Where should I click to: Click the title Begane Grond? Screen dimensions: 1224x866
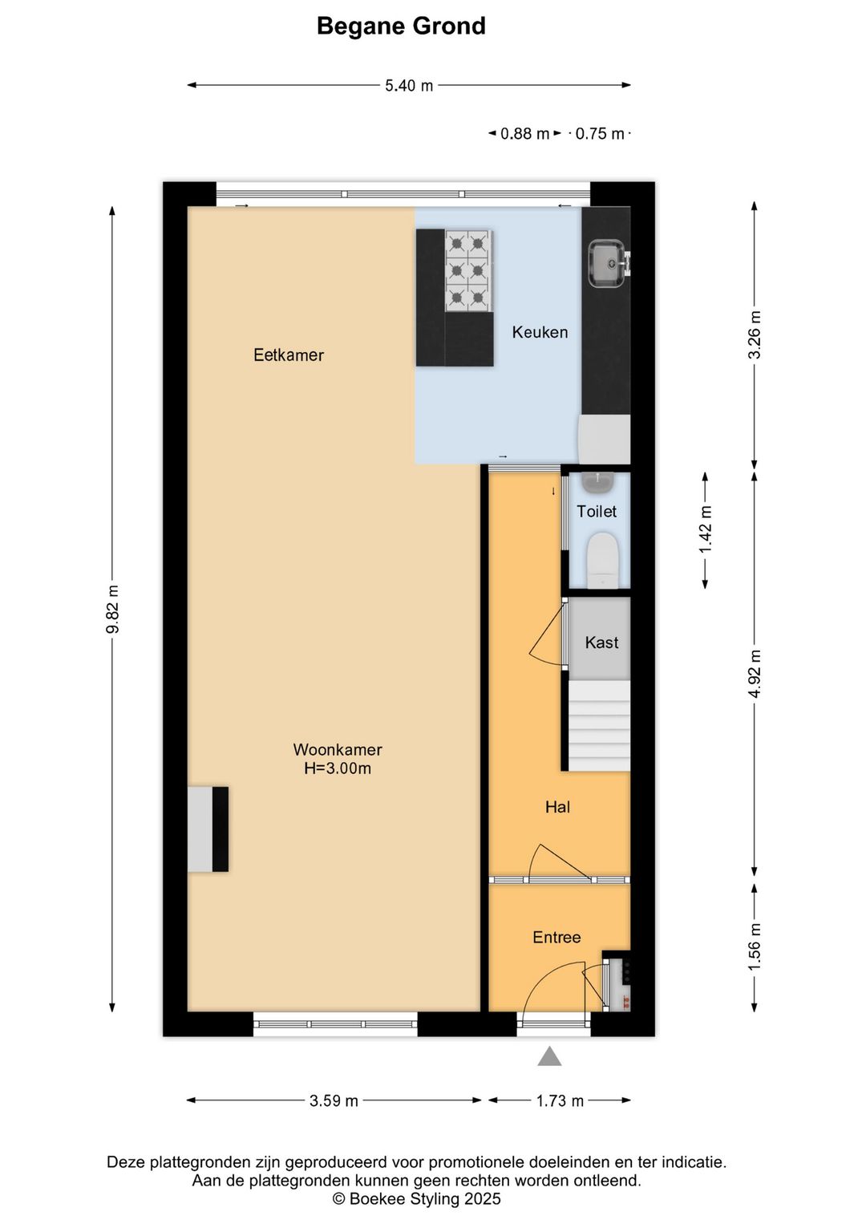pos(401,26)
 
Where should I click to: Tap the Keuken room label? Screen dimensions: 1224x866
pos(540,332)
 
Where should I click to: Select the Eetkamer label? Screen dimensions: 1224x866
pos(289,355)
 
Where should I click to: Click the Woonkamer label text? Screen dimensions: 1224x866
pos(338,750)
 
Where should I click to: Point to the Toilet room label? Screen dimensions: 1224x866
pos(597,511)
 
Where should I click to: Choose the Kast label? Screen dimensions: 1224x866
pos(601,642)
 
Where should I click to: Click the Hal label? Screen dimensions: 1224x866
pos(557,807)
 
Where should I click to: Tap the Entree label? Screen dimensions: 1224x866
pos(556,937)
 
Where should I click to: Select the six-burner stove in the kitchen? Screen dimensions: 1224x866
pos(468,270)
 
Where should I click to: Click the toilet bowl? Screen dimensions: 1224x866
pos(602,561)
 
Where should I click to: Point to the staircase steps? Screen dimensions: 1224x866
pos(600,726)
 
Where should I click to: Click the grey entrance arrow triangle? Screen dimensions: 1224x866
pos(549,1056)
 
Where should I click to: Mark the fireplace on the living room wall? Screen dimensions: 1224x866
pos(208,829)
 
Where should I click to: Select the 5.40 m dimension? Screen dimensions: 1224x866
pos(409,86)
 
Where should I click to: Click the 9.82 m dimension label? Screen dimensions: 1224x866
pos(113,609)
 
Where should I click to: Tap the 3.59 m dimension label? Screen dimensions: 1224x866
pos(334,1100)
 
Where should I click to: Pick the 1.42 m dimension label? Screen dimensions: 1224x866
pos(705,529)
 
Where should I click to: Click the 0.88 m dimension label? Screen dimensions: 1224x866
pos(524,134)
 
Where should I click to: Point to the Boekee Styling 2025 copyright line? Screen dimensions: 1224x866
pos(416,1199)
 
